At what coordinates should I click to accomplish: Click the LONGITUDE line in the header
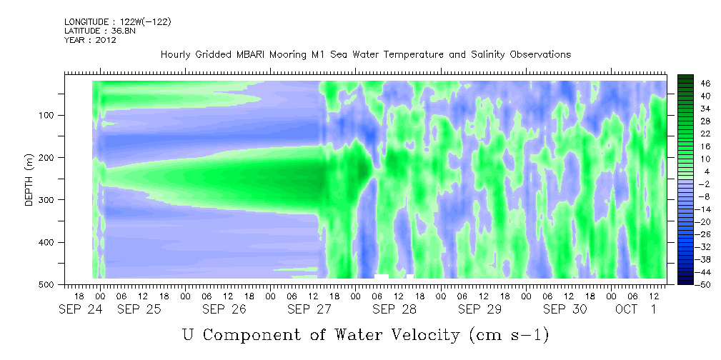click(118, 22)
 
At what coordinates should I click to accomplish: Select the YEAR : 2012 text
click(90, 40)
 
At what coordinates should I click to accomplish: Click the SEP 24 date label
click(81, 309)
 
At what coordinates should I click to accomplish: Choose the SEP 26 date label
click(224, 309)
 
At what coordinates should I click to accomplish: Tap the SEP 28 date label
click(394, 309)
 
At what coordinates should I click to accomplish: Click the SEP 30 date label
click(565, 309)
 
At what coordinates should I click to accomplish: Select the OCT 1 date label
click(636, 309)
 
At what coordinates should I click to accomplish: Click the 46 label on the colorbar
click(693, 84)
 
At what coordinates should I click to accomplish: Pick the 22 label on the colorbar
click(693, 136)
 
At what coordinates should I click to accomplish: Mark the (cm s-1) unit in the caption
click(509, 335)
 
